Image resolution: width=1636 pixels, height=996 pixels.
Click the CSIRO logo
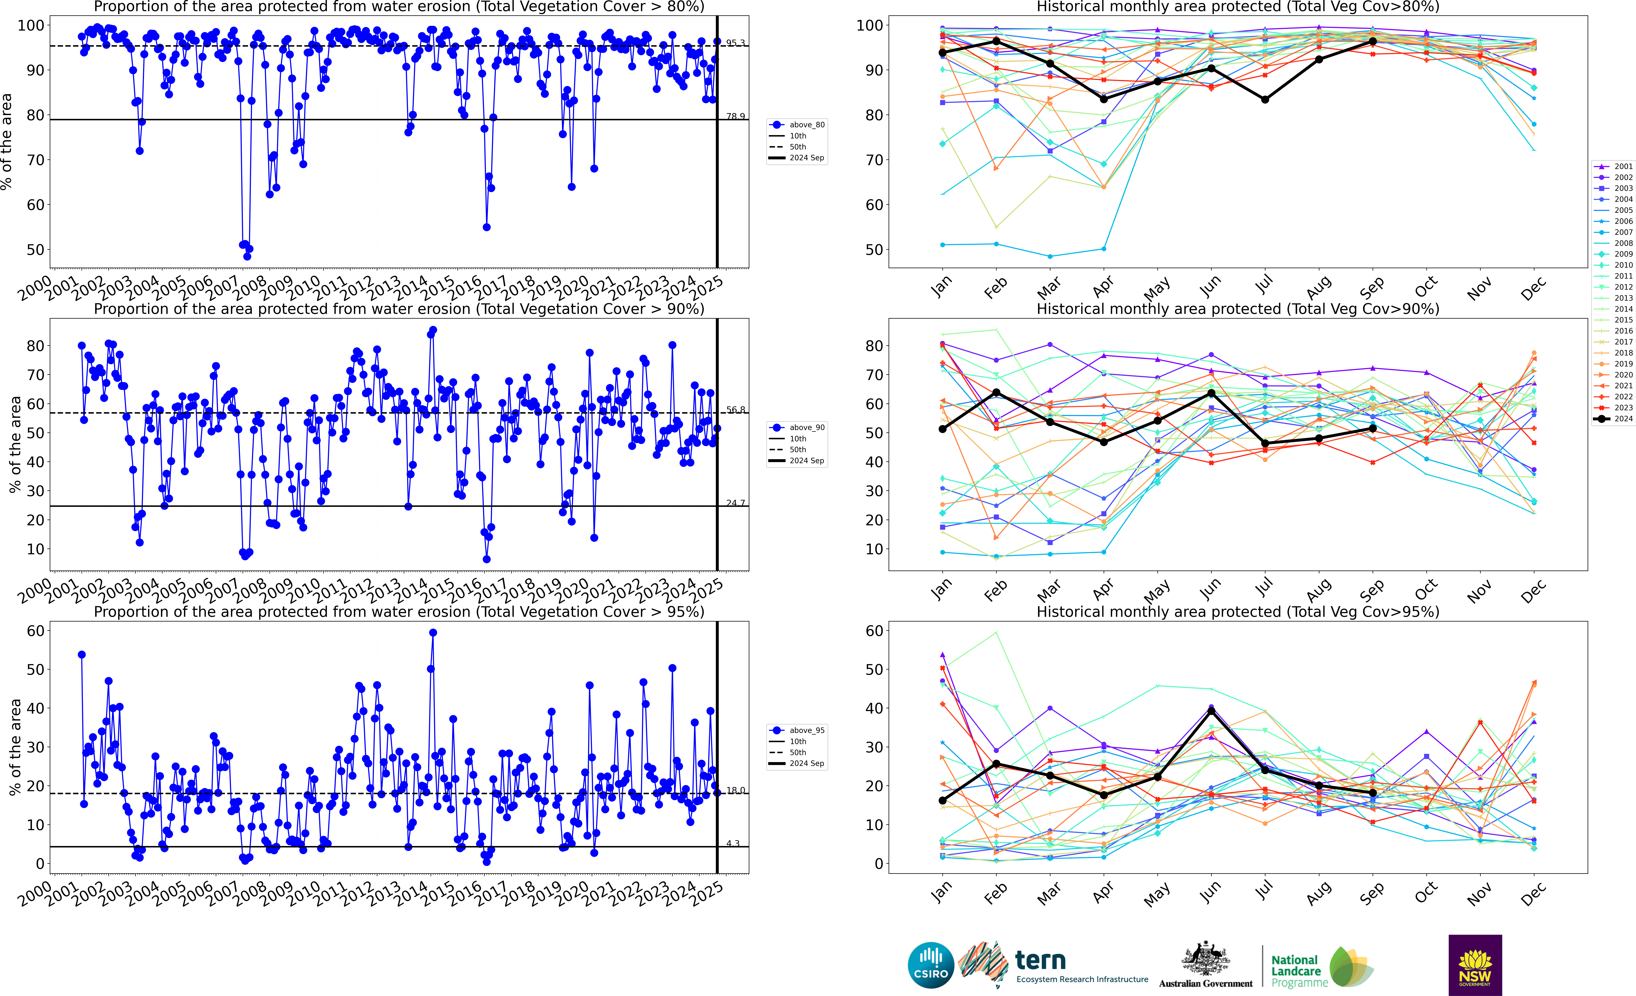click(931, 965)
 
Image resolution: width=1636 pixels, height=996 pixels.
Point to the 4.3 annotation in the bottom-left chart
click(733, 843)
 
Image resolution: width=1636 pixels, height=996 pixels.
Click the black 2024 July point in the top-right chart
click(1265, 100)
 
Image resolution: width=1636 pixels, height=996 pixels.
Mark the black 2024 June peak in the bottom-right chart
click(1211, 711)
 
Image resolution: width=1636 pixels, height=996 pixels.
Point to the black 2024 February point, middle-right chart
click(996, 393)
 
